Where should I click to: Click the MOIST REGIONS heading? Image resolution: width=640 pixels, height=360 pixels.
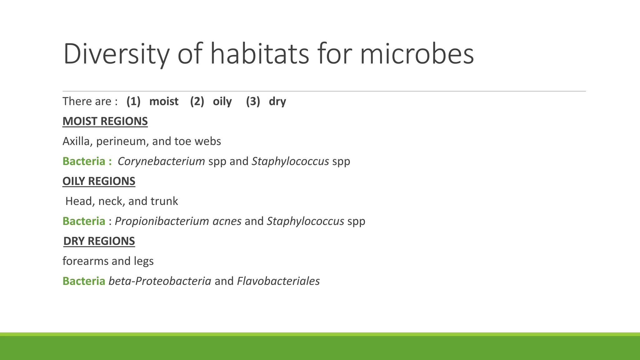coord(105,121)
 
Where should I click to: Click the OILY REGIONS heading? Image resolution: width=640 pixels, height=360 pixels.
coord(99,181)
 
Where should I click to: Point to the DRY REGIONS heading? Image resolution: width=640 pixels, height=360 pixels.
coord(99,241)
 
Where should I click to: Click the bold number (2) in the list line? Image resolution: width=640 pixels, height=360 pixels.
coord(197,101)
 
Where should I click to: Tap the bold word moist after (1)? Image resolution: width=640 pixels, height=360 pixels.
coord(164,101)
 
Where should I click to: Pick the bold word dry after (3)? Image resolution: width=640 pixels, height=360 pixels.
coord(277,102)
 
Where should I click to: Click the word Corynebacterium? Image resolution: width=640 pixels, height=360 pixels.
coord(161,161)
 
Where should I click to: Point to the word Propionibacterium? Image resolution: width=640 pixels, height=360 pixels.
coord(162,221)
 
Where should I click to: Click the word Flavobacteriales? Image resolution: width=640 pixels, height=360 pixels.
coord(278,281)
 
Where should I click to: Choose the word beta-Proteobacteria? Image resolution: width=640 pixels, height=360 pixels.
coord(160,281)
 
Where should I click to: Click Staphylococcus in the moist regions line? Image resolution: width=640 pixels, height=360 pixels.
coord(290,161)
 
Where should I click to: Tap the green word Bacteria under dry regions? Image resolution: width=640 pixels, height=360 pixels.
coord(84,281)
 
